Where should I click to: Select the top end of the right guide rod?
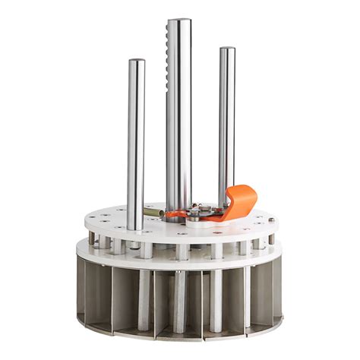click(227, 51)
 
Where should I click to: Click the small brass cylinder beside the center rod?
click(153, 213)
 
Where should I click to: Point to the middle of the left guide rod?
click(136, 144)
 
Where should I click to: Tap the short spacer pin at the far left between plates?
click(92, 239)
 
